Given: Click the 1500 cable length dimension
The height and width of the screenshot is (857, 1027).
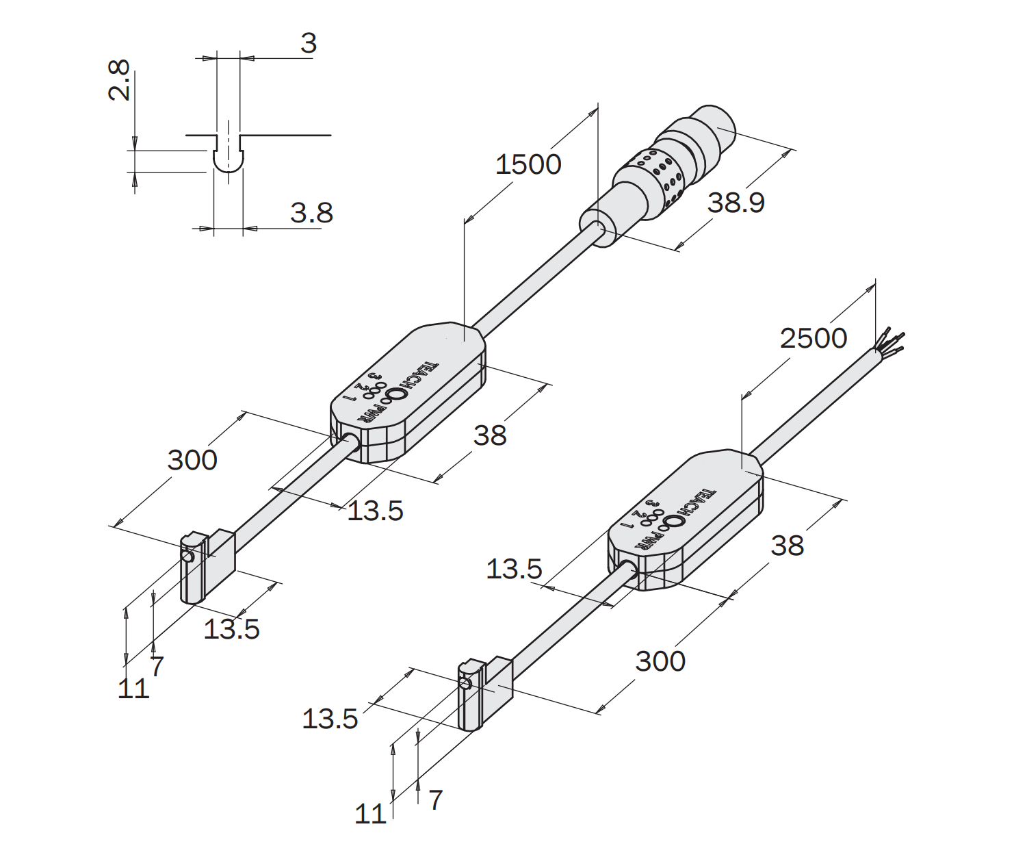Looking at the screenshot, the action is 528,164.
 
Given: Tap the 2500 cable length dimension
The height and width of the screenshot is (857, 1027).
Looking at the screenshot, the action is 814,339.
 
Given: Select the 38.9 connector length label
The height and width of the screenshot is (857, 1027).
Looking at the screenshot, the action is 736,203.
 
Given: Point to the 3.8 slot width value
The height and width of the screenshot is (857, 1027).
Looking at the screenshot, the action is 312,213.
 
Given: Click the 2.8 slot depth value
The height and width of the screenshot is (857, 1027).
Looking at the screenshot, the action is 120,80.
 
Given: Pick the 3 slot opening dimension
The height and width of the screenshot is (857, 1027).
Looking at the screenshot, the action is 309,43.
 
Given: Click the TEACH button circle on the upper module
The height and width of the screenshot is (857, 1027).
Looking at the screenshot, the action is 396,394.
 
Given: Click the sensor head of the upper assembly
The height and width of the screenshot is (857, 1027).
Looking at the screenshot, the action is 207,566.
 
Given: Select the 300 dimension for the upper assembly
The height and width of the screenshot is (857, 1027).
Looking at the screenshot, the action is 192,461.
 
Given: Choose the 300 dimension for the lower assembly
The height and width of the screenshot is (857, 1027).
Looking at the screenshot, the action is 660,662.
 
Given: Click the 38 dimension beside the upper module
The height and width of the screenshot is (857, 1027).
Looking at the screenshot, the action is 490,435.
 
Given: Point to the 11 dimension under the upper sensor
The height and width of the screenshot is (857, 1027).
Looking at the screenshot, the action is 133,688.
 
